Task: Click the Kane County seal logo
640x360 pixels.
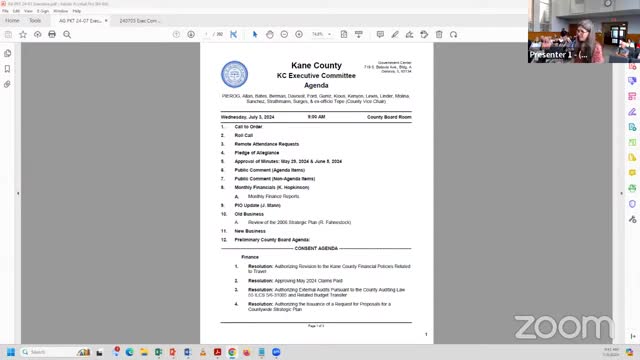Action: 234,74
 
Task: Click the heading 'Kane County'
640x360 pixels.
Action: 316,66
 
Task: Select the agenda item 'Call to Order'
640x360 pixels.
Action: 248,127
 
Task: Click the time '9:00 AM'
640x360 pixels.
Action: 316,117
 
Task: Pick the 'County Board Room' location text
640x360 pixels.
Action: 389,117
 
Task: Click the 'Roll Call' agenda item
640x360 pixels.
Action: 244,135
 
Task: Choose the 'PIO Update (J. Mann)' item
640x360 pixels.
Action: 257,204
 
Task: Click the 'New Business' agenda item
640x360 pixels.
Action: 250,231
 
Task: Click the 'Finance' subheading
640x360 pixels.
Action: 250,257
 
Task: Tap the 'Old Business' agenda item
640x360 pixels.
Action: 249,214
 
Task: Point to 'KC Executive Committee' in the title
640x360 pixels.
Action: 316,76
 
